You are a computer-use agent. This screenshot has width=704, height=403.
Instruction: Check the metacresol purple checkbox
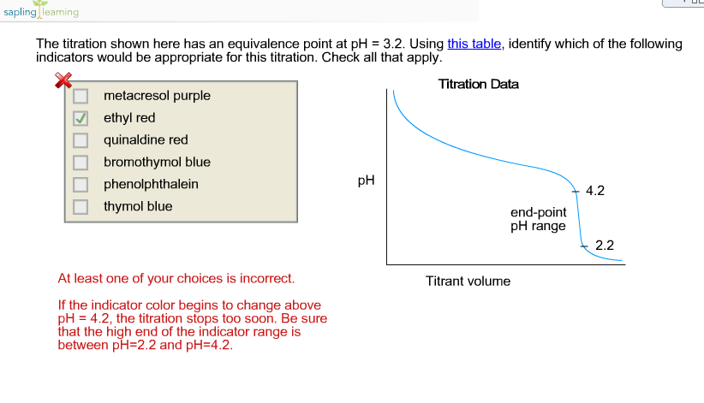(81, 96)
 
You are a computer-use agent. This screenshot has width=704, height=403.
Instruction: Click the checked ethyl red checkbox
(81, 118)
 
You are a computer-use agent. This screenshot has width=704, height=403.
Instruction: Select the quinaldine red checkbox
(81, 140)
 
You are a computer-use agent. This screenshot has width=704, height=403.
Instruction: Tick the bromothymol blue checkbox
(81, 162)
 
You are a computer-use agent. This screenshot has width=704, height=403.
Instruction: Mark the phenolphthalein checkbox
(81, 184)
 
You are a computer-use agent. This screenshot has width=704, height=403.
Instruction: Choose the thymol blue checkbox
(81, 206)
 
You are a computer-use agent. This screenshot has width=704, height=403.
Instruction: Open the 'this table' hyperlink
(474, 44)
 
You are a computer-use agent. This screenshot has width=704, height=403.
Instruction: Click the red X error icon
(63, 80)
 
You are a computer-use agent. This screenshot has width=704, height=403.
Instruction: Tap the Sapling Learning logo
(41, 10)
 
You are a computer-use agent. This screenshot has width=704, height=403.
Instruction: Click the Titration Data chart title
(478, 84)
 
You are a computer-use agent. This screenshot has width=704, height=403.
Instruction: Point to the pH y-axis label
(366, 181)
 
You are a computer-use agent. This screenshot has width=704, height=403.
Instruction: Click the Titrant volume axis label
(468, 281)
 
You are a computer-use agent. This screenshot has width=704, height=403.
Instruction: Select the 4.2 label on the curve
(595, 191)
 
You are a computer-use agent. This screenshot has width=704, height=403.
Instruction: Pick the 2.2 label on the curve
(605, 246)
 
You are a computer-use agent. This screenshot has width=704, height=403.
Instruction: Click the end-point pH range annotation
(539, 219)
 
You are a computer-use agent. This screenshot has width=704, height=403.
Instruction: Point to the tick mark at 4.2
(576, 192)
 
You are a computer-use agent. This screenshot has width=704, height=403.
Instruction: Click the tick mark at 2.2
(584, 246)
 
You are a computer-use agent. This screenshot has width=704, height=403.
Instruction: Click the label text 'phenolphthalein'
(151, 184)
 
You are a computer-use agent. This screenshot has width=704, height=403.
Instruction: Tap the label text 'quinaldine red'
(146, 140)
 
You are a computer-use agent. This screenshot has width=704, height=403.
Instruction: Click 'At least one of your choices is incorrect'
(176, 278)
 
